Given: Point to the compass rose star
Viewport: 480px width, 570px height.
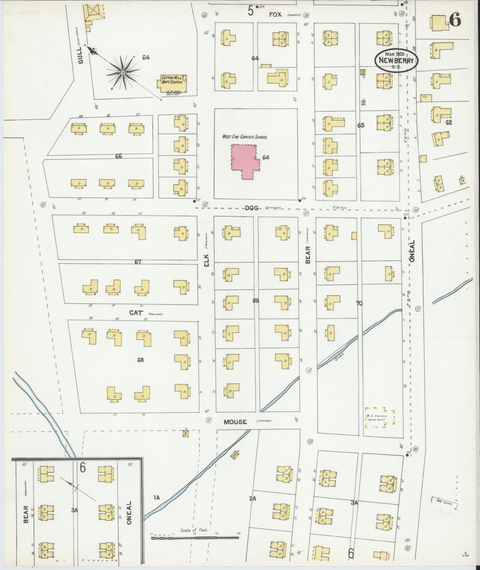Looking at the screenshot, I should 123,72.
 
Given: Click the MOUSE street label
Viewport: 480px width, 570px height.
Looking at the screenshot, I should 235,422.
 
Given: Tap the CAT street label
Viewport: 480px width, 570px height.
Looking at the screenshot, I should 136,313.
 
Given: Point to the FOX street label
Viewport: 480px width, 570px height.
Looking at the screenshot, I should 275,15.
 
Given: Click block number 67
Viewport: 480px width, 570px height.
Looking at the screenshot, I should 138,262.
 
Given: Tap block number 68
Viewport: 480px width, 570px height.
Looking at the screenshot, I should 141,359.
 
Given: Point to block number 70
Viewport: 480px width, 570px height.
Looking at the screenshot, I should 359,303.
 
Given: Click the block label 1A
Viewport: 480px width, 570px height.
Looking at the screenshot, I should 156,498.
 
